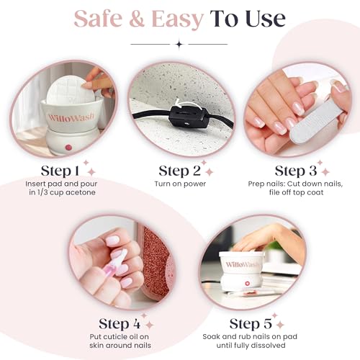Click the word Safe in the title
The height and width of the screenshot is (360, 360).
tap(103, 18)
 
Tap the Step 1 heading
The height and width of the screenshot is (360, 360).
tap(60, 171)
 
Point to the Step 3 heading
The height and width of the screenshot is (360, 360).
tap(294, 171)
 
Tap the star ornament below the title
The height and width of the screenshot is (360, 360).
tap(178, 44)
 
